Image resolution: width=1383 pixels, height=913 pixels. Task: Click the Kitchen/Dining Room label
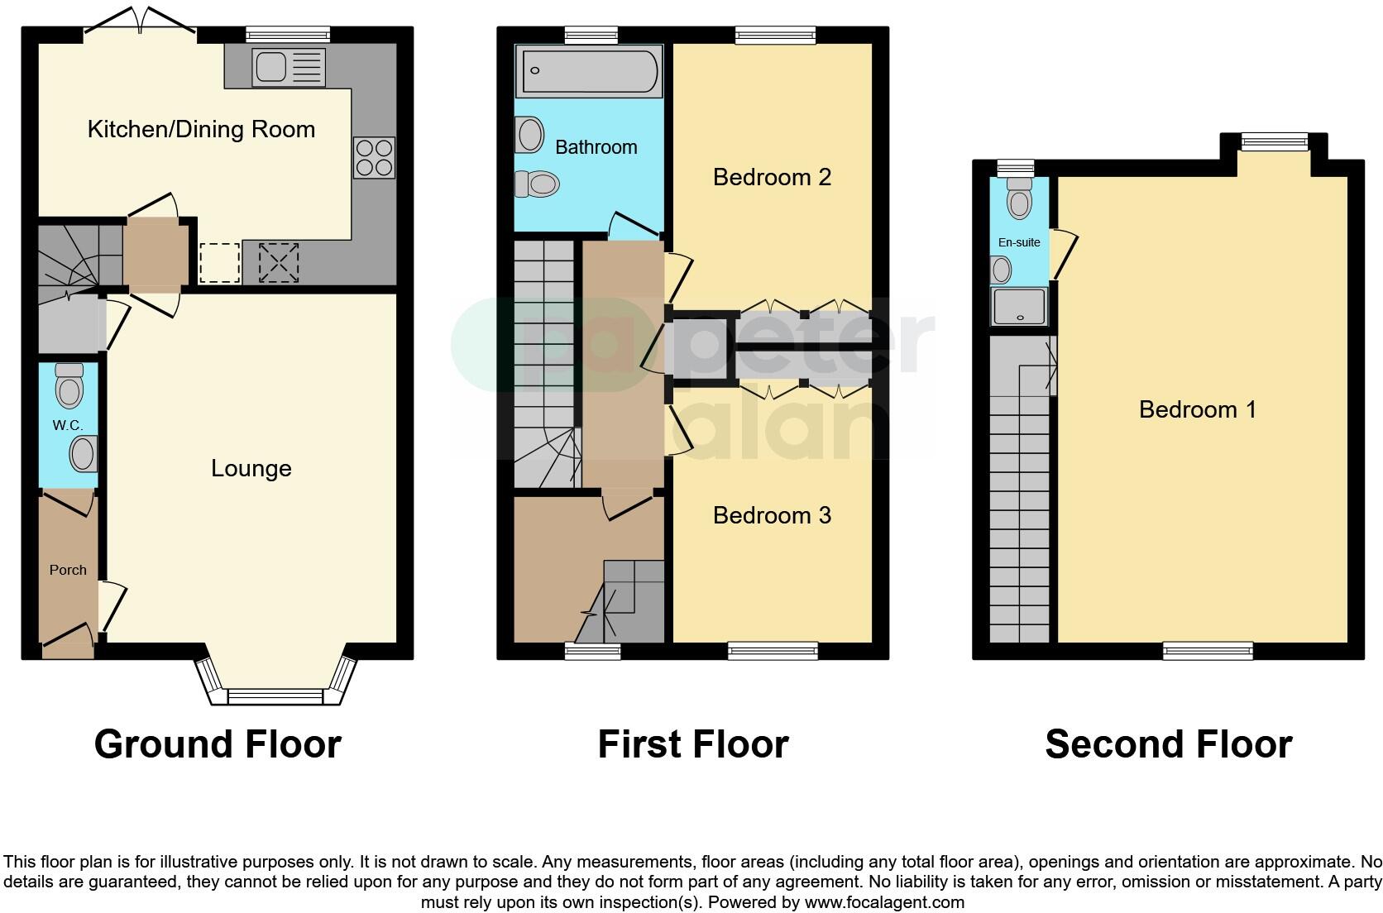point(201,129)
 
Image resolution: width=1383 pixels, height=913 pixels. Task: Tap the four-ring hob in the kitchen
point(374,157)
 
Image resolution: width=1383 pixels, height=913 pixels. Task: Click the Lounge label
point(251,468)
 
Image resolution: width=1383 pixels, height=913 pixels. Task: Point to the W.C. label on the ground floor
point(67,425)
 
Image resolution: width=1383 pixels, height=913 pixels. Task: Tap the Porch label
point(68,570)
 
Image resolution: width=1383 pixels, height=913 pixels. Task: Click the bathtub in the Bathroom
point(588,71)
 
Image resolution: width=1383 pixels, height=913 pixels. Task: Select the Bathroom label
point(596,147)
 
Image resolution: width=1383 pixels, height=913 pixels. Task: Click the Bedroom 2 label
point(772,177)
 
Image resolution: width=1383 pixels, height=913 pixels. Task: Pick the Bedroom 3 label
point(772,515)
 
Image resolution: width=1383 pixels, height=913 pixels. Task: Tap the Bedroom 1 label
point(1197,409)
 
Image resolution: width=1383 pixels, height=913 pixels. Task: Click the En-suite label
point(1019,242)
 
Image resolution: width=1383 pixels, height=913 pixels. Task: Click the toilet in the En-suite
point(1019,198)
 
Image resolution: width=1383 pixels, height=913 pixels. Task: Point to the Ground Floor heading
point(218,743)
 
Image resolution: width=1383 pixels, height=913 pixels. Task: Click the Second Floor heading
point(1168,743)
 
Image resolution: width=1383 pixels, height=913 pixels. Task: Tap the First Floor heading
point(692,743)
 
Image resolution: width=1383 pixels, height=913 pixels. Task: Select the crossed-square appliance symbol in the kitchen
point(279,263)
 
